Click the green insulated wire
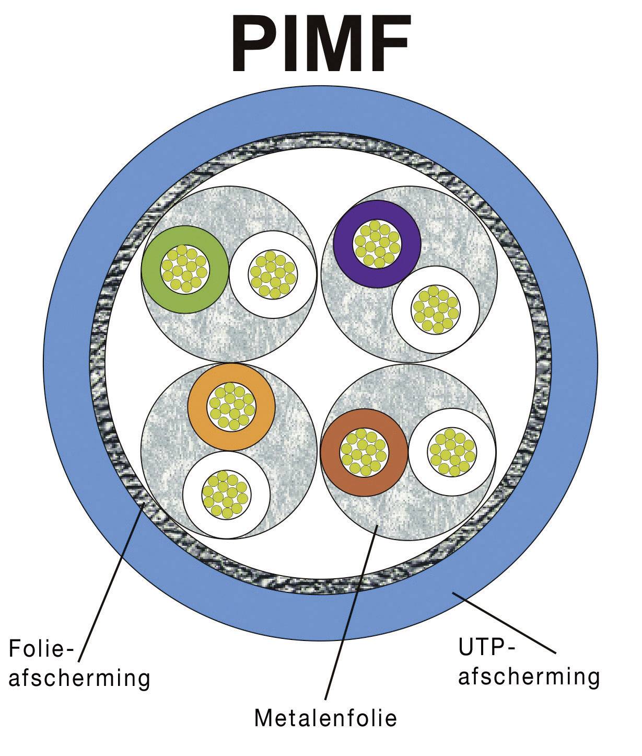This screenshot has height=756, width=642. point(151,270)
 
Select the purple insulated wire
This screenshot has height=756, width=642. point(344,244)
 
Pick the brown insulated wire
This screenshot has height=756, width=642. point(331,452)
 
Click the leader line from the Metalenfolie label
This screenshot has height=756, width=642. point(350,612)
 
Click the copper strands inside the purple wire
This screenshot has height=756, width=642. point(377,244)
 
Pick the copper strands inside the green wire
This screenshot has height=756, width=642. point(185,270)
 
